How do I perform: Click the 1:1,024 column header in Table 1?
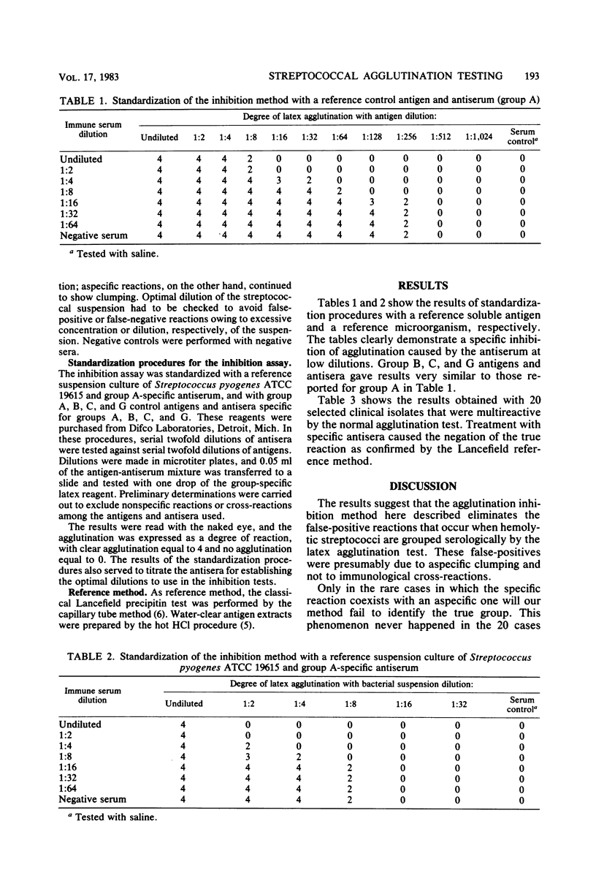click(478, 136)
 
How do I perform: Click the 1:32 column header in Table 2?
click(456, 703)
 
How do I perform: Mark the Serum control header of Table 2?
click(521, 703)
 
